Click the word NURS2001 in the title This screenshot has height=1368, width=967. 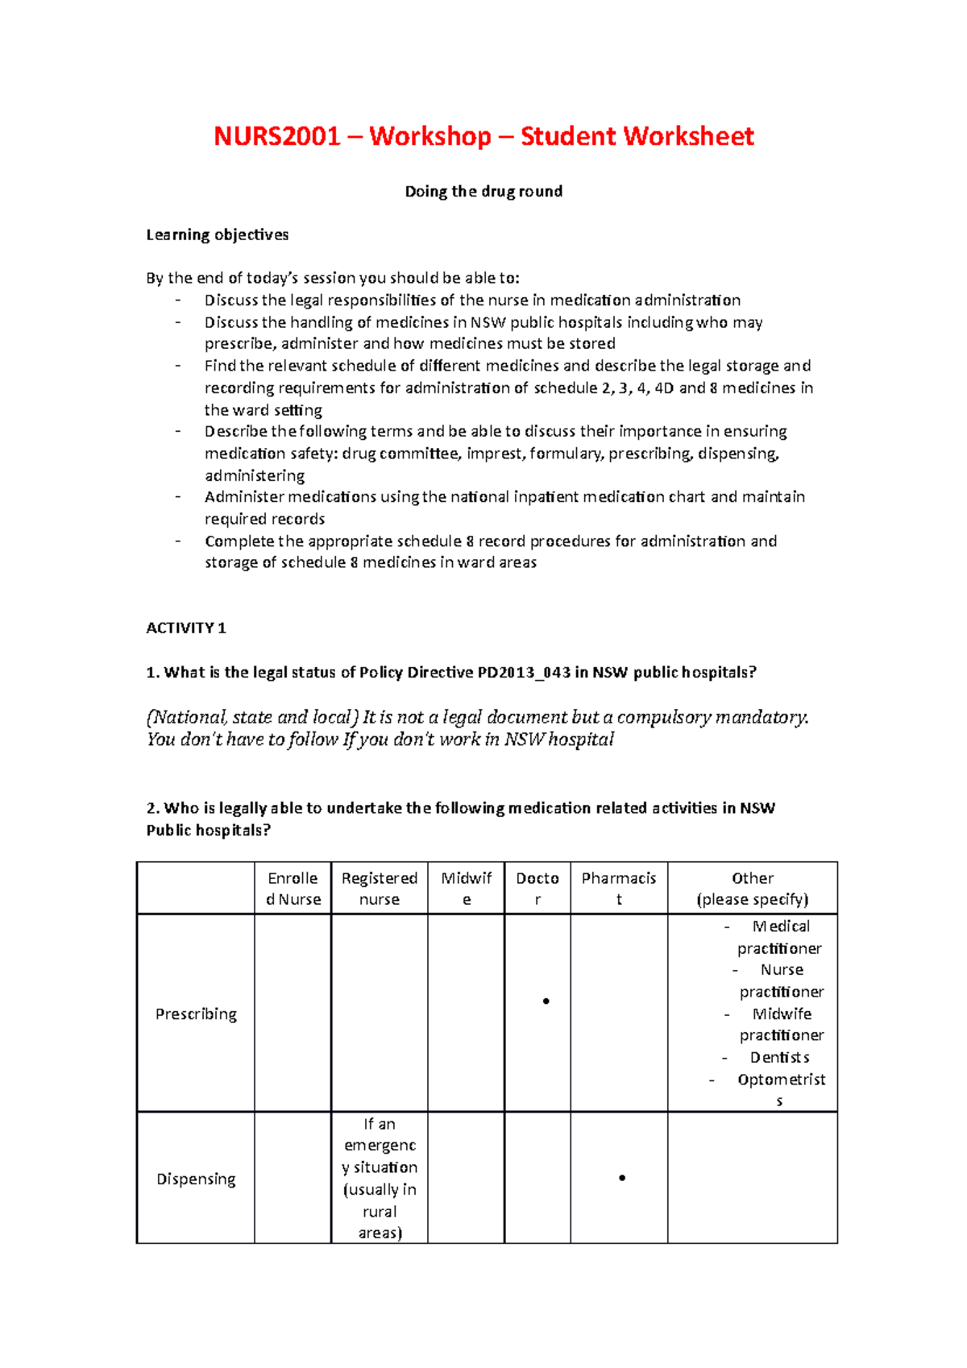[x=276, y=136]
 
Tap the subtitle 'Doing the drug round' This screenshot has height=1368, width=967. [x=483, y=192]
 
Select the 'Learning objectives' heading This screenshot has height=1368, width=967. [x=217, y=234]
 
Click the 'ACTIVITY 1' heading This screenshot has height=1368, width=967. [x=186, y=628]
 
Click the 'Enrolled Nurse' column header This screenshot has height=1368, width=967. [x=293, y=889]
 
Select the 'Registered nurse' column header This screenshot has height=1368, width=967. [x=380, y=889]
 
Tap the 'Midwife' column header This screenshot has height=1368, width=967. [x=466, y=889]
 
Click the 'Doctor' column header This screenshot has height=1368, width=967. [x=537, y=889]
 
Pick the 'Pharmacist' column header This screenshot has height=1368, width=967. [x=619, y=889]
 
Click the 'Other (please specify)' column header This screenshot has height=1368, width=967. [x=753, y=889]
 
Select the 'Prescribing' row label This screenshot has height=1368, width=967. [x=196, y=1014]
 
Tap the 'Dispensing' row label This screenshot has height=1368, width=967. [x=196, y=1179]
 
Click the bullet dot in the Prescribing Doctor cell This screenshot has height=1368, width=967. [x=546, y=1001]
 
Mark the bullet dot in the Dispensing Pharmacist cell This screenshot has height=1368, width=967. [x=622, y=1178]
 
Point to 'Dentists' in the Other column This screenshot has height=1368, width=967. [x=779, y=1057]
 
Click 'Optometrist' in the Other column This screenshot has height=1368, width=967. [x=781, y=1080]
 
